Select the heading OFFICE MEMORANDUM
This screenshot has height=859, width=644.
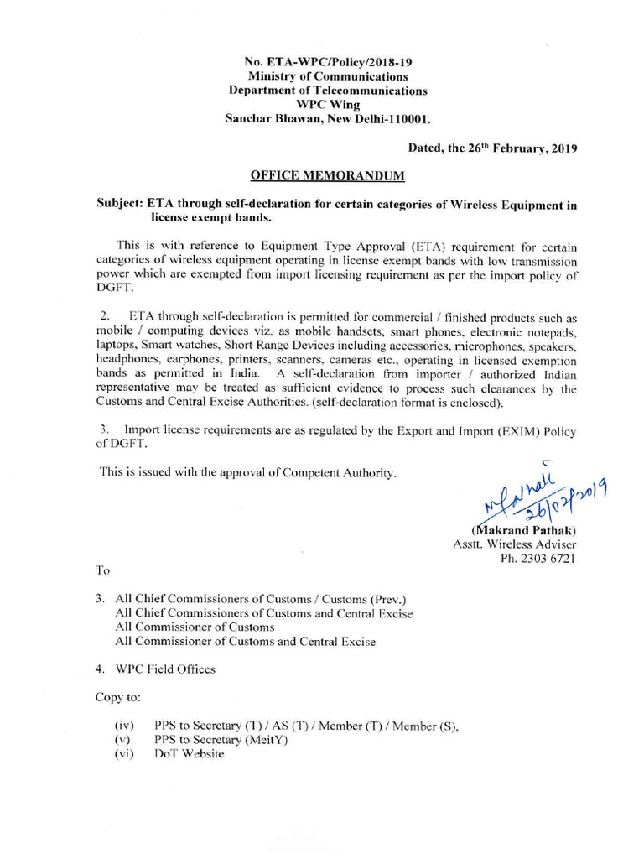pos(328,175)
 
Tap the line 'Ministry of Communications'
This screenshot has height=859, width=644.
pos(328,76)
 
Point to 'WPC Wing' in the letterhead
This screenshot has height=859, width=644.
pos(328,105)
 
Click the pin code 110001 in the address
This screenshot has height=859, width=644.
pos(403,119)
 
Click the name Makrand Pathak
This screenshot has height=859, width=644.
pos(527,530)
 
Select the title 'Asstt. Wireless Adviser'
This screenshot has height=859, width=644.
pos(514,544)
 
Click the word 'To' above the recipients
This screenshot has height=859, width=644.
pos(103,570)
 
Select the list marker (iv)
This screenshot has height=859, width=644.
pos(123,726)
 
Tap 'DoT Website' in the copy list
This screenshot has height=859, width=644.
pos(190,754)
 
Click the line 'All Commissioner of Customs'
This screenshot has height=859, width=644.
pos(195,627)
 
